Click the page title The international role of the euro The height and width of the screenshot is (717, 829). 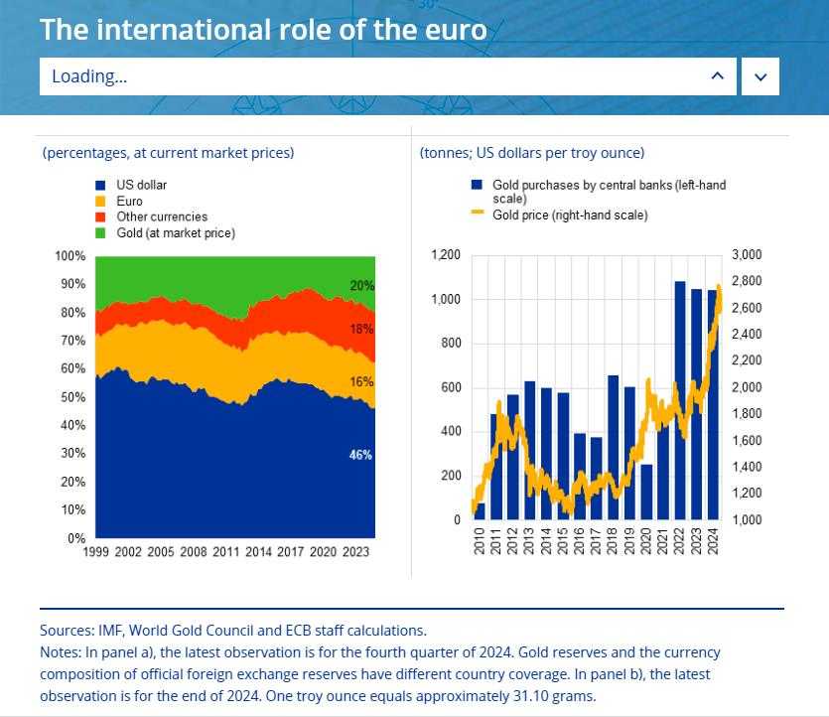click(x=263, y=29)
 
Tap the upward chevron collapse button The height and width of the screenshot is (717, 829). click(x=718, y=76)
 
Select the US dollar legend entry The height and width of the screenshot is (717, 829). click(x=141, y=185)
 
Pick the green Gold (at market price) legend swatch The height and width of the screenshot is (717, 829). click(x=100, y=233)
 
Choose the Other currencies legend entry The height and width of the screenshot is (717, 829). click(x=161, y=216)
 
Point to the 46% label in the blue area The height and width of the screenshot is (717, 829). click(x=360, y=455)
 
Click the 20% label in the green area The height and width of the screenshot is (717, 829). click(x=361, y=286)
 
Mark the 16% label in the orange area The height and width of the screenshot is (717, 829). click(x=361, y=381)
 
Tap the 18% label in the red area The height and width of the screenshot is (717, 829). click(x=361, y=330)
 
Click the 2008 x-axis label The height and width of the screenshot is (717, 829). click(x=194, y=552)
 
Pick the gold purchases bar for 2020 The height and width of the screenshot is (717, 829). click(x=646, y=492)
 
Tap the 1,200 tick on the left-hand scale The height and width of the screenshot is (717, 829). click(x=446, y=255)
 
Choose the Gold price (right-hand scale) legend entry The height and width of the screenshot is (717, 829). click(x=570, y=215)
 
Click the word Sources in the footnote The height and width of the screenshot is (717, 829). click(x=66, y=630)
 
